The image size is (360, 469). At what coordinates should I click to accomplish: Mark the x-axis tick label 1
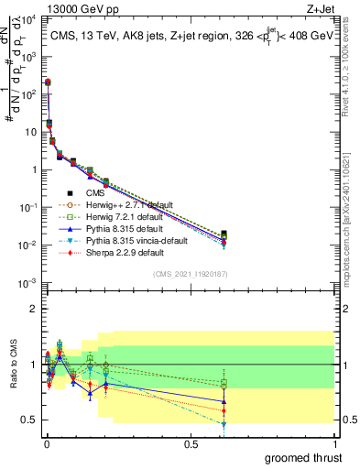pyautogui.click(x=333, y=442)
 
